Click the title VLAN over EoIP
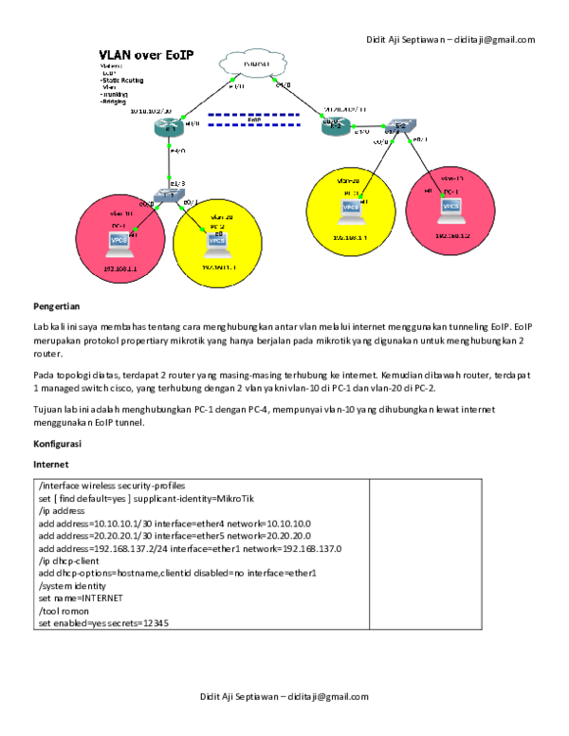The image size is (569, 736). pos(147,55)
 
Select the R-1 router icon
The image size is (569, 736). pos(172,126)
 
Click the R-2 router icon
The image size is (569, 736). pos(334,126)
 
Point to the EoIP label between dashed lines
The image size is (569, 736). pos(253,120)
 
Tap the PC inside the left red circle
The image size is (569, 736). pos(120,241)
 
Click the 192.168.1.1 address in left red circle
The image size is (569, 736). pos(120,268)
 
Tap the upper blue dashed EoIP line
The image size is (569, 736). pos(253,115)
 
